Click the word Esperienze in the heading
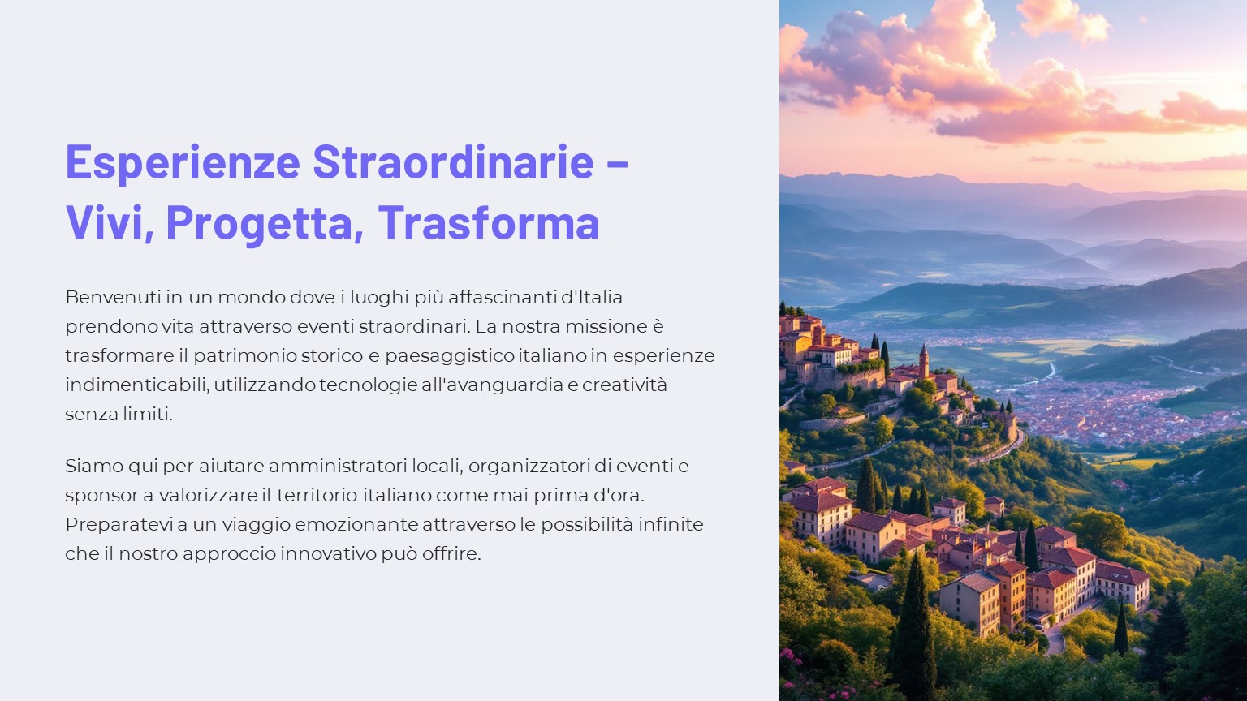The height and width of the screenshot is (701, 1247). coord(183,162)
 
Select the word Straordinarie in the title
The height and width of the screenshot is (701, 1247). coord(453,161)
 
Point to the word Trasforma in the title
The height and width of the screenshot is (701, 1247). coord(489,222)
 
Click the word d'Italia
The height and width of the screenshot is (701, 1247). coord(591,297)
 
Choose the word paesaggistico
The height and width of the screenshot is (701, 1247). coord(449,356)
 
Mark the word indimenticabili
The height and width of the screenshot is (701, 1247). coord(137,385)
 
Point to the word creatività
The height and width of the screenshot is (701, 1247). coord(624,385)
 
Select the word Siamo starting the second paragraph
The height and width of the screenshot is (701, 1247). coord(93,467)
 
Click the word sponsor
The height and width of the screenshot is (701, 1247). coord(101,496)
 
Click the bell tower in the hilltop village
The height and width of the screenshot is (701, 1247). coord(924,361)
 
